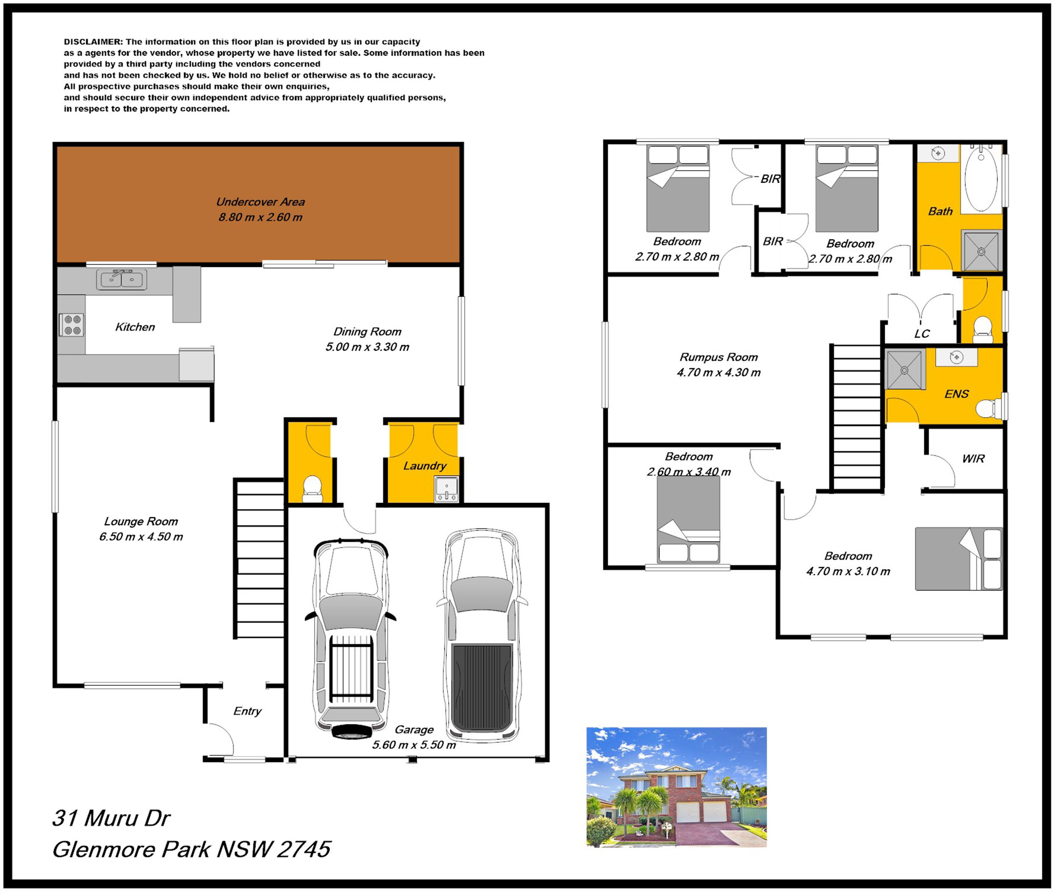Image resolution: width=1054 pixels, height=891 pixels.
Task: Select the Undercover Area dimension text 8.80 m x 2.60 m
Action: [x=260, y=217]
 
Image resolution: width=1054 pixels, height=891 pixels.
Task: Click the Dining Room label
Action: [x=367, y=331]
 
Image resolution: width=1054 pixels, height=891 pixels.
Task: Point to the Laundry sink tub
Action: [x=447, y=489]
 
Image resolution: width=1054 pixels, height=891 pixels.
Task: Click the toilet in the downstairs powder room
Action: [x=312, y=488]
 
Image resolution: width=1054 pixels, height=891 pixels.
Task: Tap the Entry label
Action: [x=247, y=711]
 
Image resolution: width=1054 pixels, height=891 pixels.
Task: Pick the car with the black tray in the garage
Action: [x=482, y=635]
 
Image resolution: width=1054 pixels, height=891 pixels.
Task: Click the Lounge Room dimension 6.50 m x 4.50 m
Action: [x=141, y=536]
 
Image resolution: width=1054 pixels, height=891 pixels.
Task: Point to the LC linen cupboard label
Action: [x=922, y=334]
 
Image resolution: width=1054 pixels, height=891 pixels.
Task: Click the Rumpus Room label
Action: [x=719, y=357]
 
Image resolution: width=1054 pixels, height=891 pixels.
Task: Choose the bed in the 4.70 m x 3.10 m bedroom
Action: [x=959, y=558]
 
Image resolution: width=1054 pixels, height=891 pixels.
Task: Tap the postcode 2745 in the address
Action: [x=304, y=849]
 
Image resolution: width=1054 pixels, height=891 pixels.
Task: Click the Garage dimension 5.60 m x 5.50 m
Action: [x=414, y=745]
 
